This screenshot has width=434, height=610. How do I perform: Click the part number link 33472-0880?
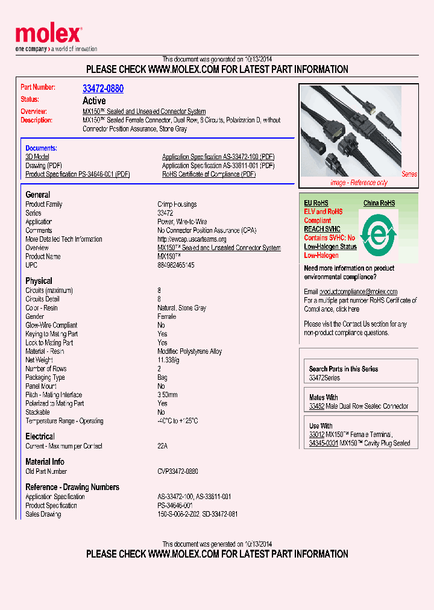[103, 89]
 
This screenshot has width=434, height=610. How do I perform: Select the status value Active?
[94, 101]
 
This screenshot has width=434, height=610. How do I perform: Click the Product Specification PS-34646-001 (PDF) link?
[78, 174]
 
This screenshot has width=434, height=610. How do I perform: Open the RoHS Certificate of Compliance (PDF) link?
[209, 174]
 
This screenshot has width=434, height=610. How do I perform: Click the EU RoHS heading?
[316, 203]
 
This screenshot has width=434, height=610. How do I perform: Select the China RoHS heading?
[379, 203]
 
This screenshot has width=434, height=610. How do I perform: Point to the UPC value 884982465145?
[176, 265]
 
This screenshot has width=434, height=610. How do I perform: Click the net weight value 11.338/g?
[169, 360]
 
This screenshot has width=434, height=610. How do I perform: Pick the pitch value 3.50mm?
[168, 395]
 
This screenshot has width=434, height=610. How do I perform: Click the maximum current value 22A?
[163, 446]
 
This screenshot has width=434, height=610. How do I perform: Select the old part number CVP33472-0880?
[178, 471]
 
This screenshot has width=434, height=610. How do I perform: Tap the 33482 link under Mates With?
[316, 406]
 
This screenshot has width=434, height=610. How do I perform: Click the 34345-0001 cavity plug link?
[323, 443]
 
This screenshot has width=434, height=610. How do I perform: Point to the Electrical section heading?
[40, 436]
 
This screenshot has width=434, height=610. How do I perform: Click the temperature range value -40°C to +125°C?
[178, 421]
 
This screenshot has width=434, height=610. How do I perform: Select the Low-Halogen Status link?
[330, 247]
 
